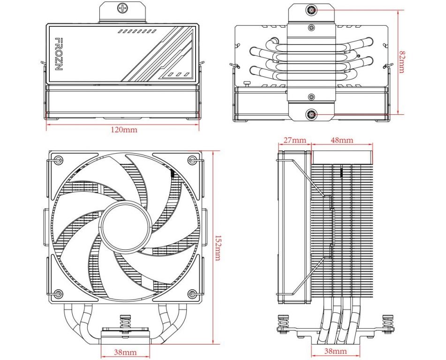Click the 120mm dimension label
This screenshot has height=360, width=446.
124,130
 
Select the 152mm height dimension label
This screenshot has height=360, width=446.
217,247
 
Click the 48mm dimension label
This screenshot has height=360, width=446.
342,140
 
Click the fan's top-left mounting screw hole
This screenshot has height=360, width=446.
57,160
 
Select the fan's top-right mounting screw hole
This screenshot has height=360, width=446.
192,160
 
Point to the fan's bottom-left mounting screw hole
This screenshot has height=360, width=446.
57,294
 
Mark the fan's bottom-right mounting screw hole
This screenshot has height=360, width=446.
192,294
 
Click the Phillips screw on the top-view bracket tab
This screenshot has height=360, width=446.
123,8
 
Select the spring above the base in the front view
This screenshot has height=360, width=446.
125,322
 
